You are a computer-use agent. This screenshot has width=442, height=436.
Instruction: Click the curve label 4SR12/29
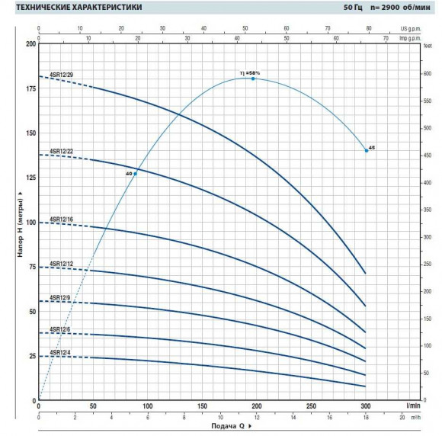(62, 74)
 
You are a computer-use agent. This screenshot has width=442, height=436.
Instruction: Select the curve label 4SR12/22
(62, 152)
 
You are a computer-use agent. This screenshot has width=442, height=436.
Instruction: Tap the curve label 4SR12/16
(62, 220)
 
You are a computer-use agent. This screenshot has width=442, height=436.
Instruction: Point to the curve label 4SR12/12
(62, 264)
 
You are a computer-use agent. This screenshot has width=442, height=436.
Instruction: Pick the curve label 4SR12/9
(61, 297)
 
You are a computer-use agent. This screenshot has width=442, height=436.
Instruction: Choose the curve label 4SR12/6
(61, 329)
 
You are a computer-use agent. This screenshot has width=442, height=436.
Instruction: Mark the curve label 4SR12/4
(61, 353)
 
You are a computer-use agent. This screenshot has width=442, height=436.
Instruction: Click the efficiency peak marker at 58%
(253, 79)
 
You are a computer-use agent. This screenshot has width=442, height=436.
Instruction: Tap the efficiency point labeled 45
(367, 151)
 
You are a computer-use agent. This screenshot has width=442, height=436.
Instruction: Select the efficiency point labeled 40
(136, 174)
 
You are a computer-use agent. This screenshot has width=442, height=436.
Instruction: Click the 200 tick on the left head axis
(30, 43)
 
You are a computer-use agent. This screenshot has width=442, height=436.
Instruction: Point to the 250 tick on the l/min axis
(311, 406)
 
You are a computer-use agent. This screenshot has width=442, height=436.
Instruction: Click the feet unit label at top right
(428, 45)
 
